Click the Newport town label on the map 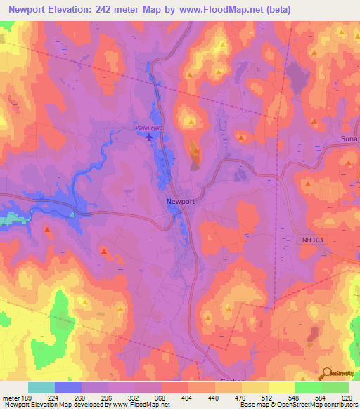click(x=180, y=201)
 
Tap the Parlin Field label click(x=148, y=128)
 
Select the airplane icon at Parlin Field click(x=148, y=137)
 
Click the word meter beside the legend click(x=11, y=397)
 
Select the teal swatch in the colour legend click(x=41, y=387)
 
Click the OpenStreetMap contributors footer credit click(x=321, y=405)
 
